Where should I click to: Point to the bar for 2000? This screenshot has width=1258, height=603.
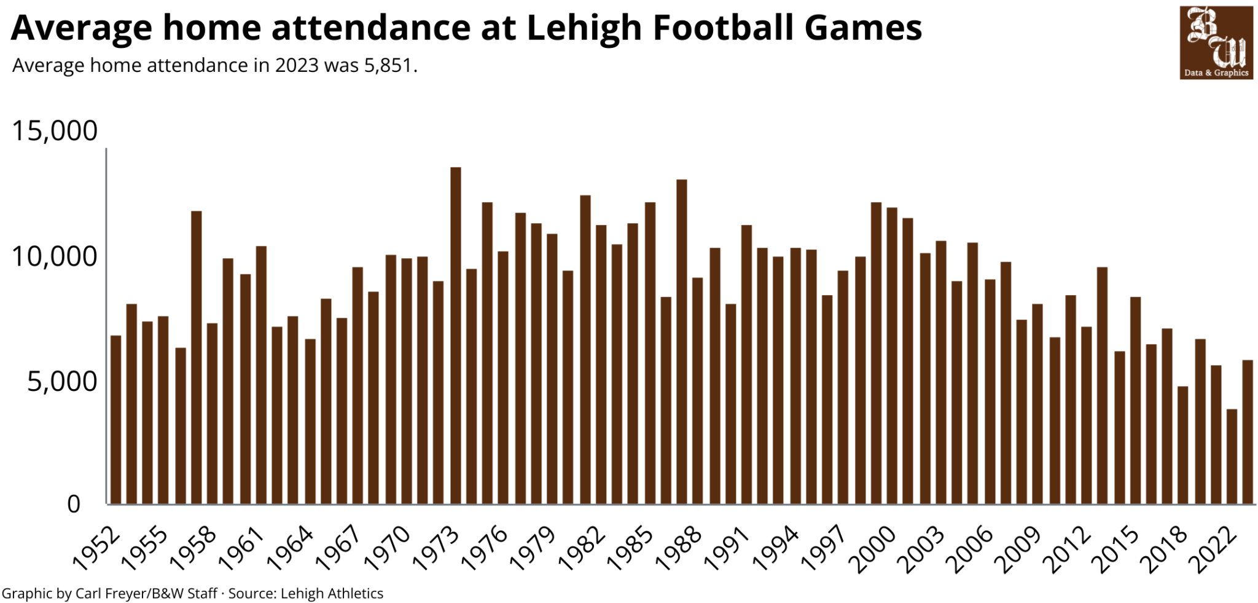(891, 356)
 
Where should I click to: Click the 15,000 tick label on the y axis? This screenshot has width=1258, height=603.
(54, 131)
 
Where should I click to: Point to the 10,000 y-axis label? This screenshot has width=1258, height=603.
(54, 256)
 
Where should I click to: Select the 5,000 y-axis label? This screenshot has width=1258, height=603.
(62, 382)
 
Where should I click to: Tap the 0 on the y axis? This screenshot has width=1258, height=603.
(74, 504)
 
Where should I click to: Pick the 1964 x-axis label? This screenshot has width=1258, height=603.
(291, 548)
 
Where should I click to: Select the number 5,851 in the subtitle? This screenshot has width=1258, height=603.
(388, 65)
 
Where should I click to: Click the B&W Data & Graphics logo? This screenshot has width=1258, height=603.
(1216, 43)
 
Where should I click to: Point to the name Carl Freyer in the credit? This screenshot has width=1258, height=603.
(110, 593)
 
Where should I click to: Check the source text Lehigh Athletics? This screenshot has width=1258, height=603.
(332, 593)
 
